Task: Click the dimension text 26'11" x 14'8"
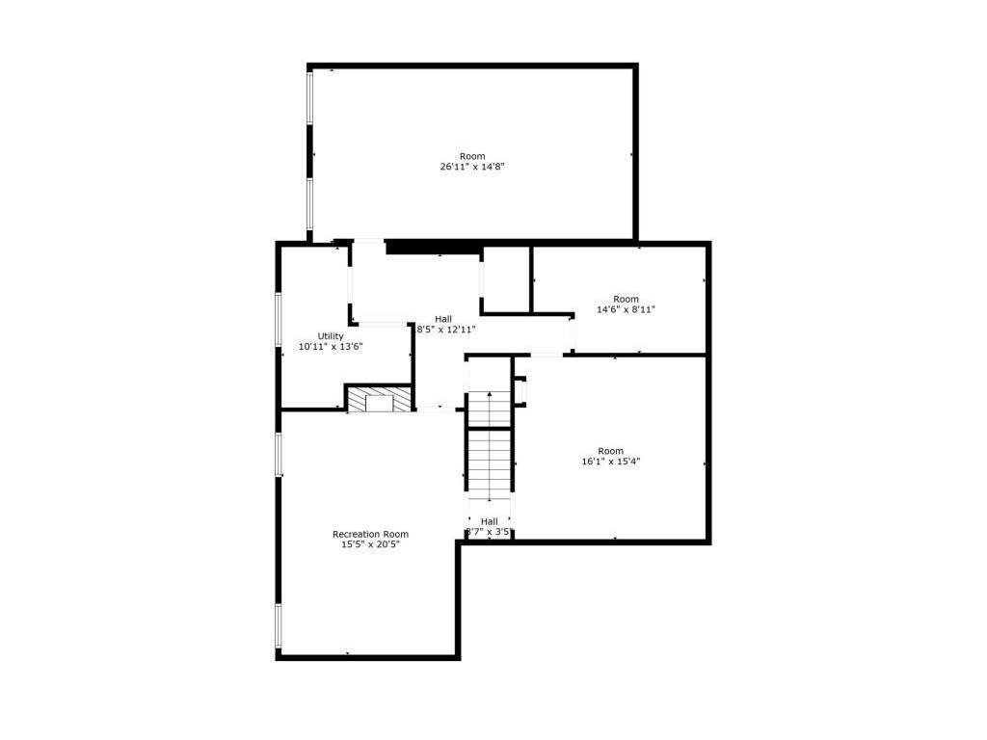[472, 167]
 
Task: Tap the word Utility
[331, 335]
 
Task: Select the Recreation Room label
[370, 534]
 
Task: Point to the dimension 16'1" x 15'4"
[611, 462]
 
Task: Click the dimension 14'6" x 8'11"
[626, 309]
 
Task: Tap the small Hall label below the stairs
[489, 521]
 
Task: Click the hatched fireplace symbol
[379, 400]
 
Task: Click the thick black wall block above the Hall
[433, 248]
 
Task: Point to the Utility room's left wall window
[279, 318]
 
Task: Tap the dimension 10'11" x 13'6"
[331, 346]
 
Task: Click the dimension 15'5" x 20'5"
[370, 544]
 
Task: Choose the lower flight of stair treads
[489, 462]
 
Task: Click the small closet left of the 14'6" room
[505, 279]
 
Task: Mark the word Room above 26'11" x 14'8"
[472, 156]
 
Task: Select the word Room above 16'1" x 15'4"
[611, 451]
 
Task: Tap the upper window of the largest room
[309, 96]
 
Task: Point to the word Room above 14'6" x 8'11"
[626, 299]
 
